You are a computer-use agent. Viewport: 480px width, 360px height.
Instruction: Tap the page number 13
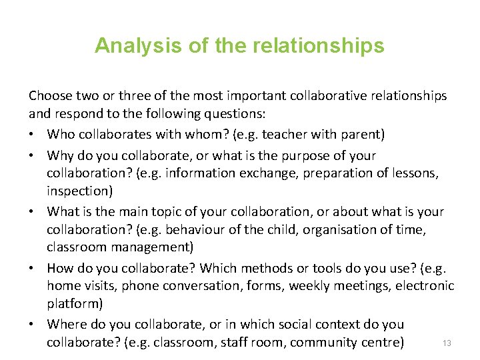[x=447, y=343]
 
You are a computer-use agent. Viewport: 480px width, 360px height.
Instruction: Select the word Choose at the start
[x=49, y=96]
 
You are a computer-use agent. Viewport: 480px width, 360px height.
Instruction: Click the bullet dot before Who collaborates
[x=33, y=135]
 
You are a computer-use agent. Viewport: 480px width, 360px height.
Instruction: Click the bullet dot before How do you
[x=33, y=268]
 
